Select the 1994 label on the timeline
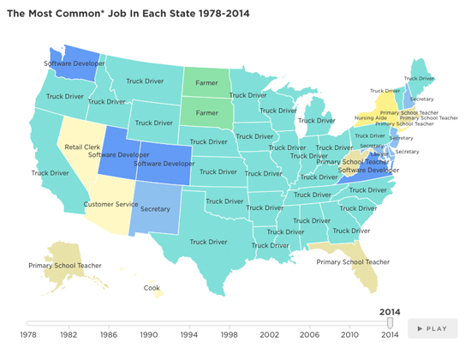point(189,333)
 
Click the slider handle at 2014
point(390,323)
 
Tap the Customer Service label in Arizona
point(110,204)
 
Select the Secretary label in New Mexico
point(155,208)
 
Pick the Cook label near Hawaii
point(152,288)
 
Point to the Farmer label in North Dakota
point(206,82)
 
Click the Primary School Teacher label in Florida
point(353,261)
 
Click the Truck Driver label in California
point(51,172)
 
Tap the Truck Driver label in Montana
point(146,81)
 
